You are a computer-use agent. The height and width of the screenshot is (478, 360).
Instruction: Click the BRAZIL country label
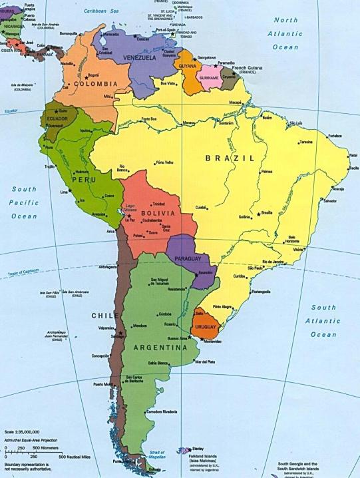click(230, 158)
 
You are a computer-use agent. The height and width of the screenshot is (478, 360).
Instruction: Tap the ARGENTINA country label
click(160, 348)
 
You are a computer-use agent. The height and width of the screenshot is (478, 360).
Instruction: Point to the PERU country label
click(84, 180)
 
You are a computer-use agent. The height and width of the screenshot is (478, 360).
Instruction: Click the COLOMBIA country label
click(92, 84)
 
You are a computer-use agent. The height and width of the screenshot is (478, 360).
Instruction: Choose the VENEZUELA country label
click(138, 58)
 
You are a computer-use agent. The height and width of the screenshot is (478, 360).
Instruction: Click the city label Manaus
click(189, 122)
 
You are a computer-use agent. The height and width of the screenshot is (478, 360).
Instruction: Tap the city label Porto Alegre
click(222, 307)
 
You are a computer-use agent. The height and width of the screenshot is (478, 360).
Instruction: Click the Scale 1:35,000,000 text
click(21, 432)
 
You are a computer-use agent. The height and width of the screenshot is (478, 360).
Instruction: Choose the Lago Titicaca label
click(131, 208)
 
